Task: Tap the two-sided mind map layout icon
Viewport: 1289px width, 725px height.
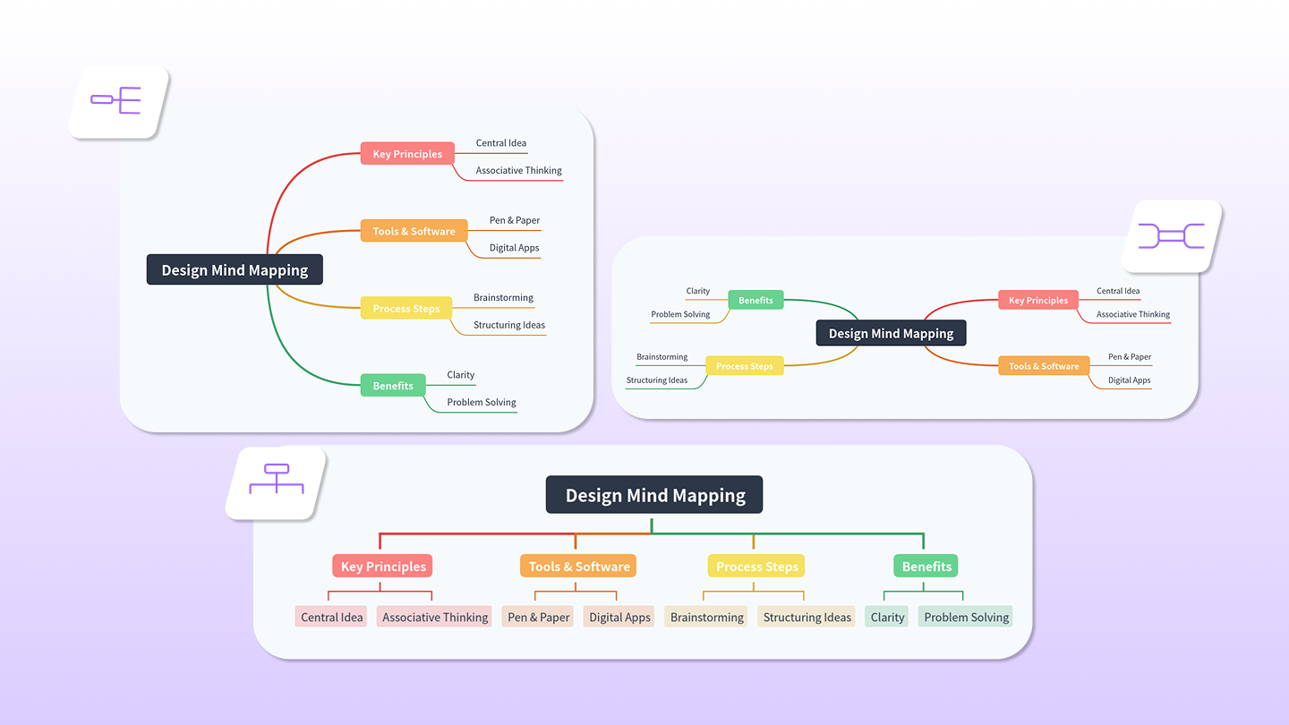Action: pyautogui.click(x=1171, y=236)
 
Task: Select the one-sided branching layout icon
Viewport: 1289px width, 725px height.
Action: pyautogui.click(x=117, y=100)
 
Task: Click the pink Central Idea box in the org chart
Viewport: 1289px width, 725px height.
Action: pyautogui.click(x=331, y=617)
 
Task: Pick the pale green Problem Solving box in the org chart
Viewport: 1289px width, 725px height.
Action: pyautogui.click(x=966, y=617)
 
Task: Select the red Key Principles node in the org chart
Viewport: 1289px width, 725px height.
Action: pyautogui.click(x=382, y=566)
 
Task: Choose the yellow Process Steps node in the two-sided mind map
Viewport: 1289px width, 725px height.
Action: pyautogui.click(x=744, y=366)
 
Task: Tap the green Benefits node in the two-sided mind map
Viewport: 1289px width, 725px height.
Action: pyautogui.click(x=755, y=301)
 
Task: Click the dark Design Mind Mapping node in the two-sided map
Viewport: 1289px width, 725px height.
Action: pyautogui.click(x=891, y=334)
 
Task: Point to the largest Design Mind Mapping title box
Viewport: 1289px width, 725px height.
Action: pyautogui.click(x=654, y=495)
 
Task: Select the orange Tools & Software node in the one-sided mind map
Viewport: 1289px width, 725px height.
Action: pyautogui.click(x=414, y=231)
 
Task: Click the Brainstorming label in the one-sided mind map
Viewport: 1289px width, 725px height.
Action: pyautogui.click(x=503, y=298)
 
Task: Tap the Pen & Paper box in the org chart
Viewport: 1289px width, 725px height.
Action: pyautogui.click(x=538, y=617)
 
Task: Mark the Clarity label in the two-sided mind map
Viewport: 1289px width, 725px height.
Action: pyautogui.click(x=697, y=291)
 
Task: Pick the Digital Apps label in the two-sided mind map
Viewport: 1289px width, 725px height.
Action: pyautogui.click(x=1129, y=380)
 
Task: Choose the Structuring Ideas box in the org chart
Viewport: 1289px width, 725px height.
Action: pyautogui.click(x=807, y=617)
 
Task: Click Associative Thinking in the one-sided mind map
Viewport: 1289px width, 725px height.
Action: pyautogui.click(x=518, y=171)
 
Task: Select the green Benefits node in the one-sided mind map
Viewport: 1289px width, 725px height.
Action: pyautogui.click(x=393, y=386)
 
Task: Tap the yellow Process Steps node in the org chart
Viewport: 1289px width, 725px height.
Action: pyautogui.click(x=756, y=566)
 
